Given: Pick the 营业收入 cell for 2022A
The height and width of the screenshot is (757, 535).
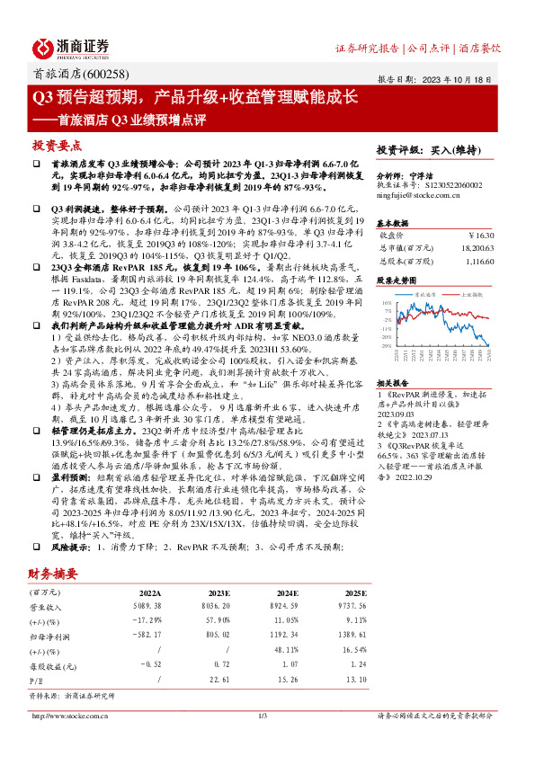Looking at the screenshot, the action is [x=144, y=607].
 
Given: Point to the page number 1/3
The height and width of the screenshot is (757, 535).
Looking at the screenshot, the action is [x=263, y=716].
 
